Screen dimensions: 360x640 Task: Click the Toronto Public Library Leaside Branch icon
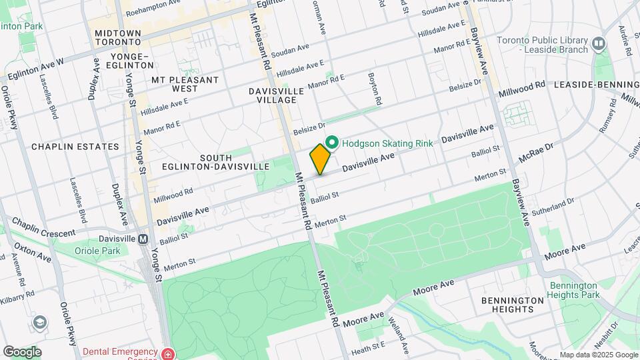point(599,44)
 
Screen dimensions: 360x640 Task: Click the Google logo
point(23,352)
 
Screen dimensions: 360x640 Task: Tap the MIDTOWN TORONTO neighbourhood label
point(117,37)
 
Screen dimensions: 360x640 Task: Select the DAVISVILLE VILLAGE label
point(277,95)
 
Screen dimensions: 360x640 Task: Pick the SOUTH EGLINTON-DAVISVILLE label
point(215,161)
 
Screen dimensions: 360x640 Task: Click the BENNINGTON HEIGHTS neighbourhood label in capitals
point(513,305)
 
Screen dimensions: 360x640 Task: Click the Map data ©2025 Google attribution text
point(597,355)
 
